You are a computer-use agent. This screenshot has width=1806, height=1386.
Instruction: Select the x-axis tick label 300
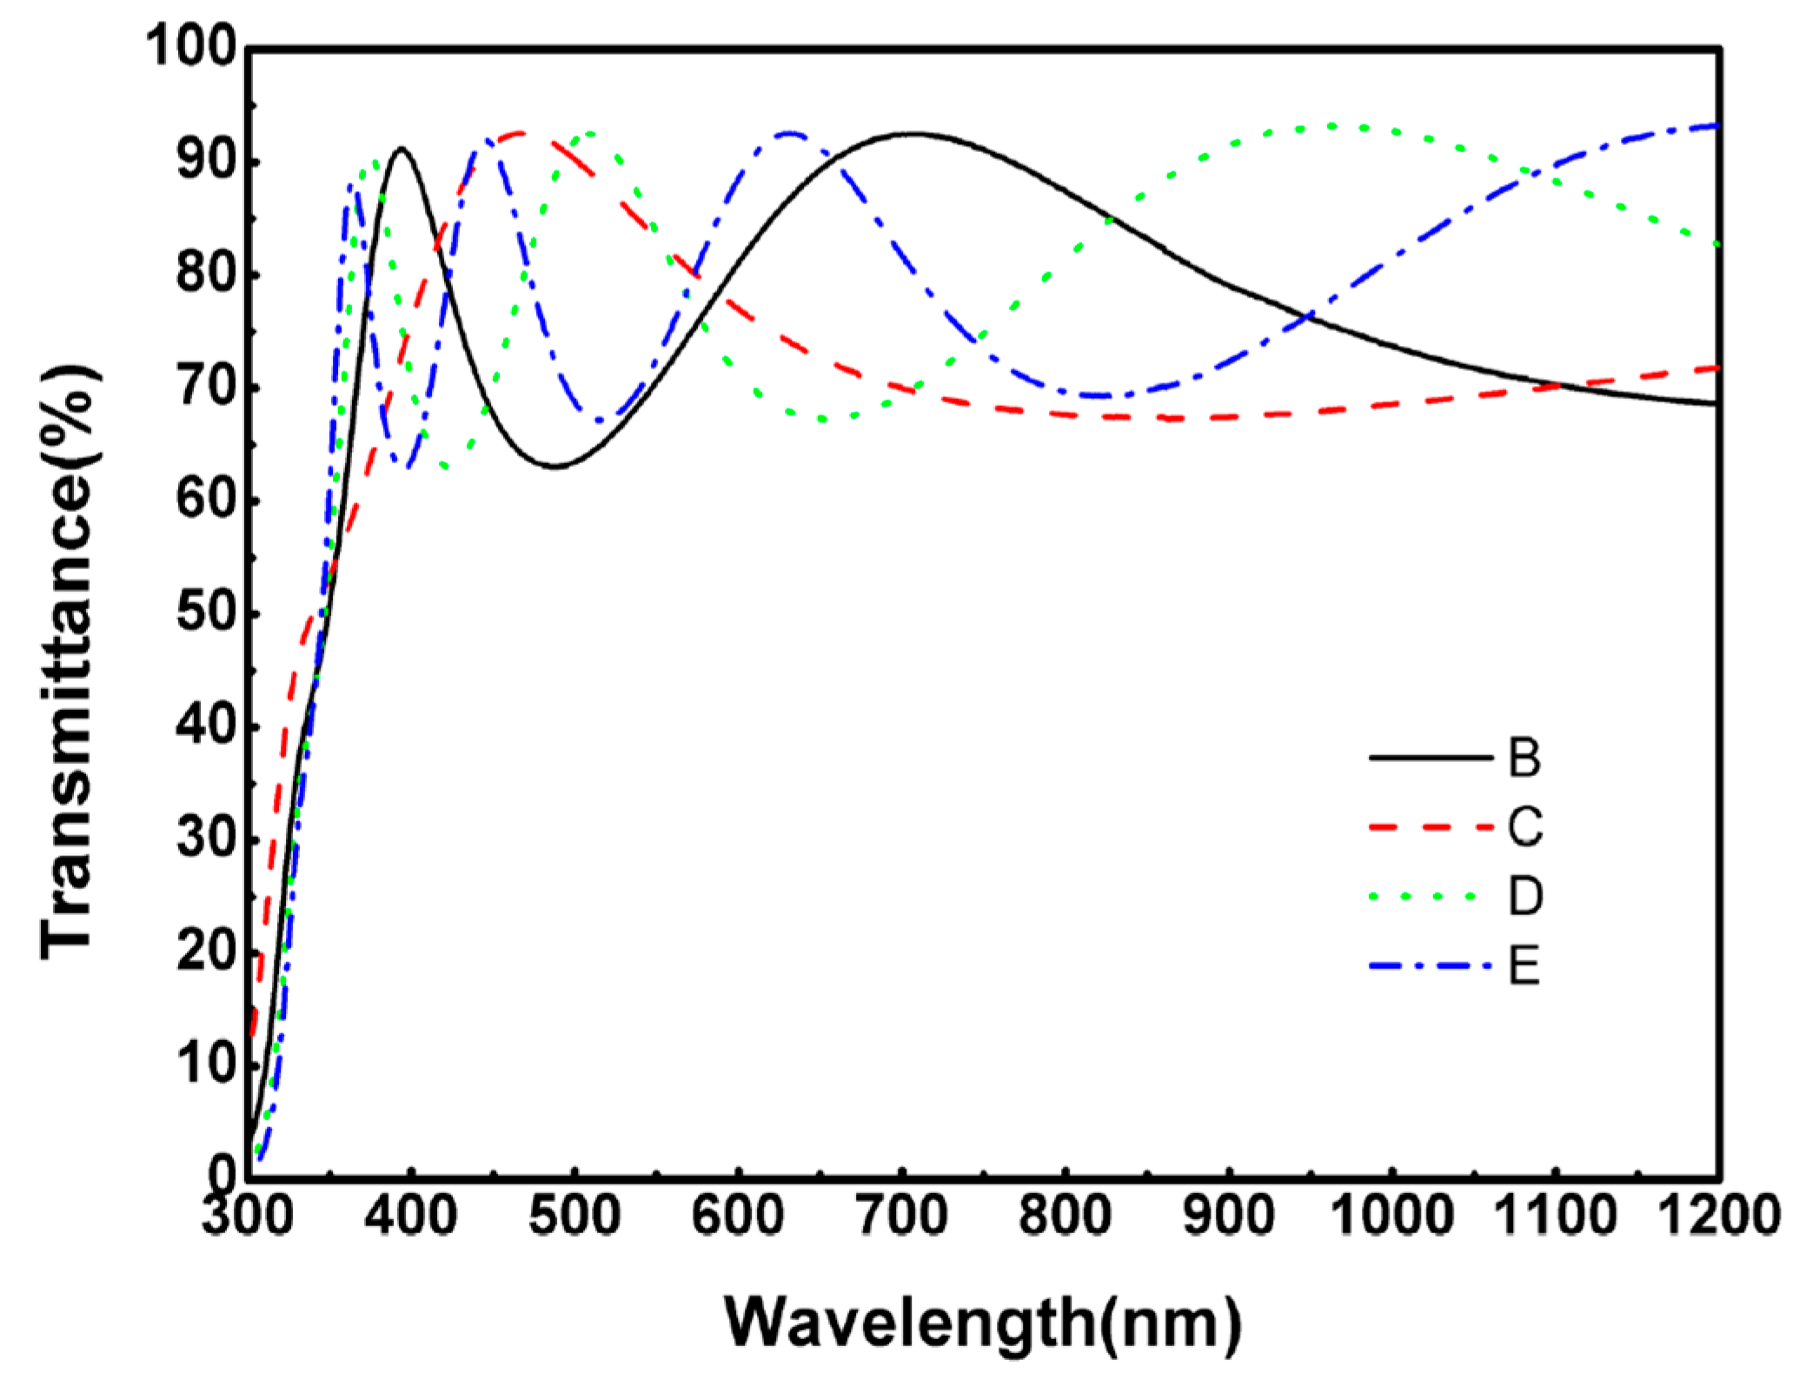(248, 1215)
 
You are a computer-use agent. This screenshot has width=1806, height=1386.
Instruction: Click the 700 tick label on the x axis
(901, 1215)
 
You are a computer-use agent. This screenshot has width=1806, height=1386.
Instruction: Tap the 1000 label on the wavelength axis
(1391, 1215)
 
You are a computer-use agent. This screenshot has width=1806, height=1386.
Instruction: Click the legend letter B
(1524, 758)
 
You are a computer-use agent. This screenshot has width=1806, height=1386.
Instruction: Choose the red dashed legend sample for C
(1430, 826)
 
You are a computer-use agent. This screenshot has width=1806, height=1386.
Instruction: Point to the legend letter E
(1524, 965)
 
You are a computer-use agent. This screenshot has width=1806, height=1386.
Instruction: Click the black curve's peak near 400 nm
(402, 149)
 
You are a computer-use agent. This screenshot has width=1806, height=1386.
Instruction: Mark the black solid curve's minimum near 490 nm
(556, 467)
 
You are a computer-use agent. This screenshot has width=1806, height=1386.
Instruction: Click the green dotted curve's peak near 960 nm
(1330, 127)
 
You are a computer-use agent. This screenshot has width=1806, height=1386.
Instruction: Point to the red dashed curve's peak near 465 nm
(520, 133)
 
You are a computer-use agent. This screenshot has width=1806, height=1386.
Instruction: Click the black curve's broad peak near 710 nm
(913, 134)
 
